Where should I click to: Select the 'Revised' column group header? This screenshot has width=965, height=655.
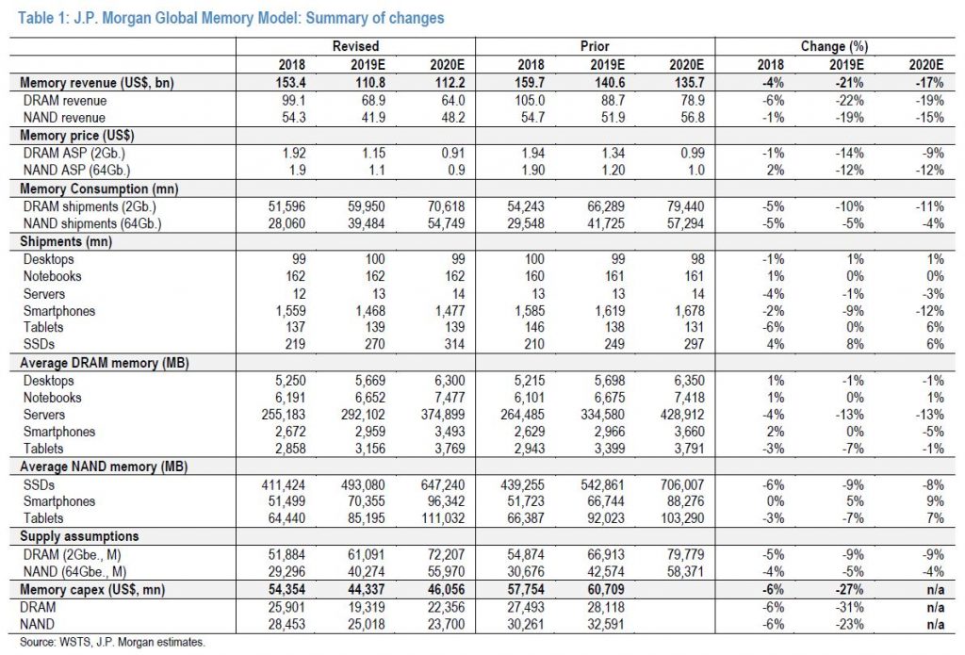(x=355, y=46)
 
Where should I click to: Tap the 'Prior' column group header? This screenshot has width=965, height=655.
(x=596, y=46)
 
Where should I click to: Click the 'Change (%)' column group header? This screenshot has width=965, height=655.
(x=835, y=46)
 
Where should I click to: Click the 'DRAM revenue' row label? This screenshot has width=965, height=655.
(x=65, y=100)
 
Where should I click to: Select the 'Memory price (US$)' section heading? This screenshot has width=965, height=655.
(x=77, y=136)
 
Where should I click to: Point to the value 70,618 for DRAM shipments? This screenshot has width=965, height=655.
(x=446, y=206)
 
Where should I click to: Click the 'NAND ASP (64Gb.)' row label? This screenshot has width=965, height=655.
(x=77, y=171)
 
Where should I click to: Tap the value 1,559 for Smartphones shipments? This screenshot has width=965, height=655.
(x=290, y=311)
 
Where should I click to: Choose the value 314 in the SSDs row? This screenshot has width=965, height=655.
(x=454, y=344)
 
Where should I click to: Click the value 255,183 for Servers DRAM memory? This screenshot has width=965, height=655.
(x=284, y=415)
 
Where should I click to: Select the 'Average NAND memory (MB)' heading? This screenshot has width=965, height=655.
(x=104, y=467)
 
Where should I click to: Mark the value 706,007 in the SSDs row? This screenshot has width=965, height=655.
(x=682, y=485)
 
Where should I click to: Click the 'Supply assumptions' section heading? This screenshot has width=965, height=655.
(x=79, y=536)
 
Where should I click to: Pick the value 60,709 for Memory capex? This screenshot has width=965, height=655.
(x=606, y=590)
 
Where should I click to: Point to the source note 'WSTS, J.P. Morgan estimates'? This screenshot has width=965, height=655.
(x=132, y=642)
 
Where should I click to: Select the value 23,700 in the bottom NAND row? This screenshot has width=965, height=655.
(x=446, y=625)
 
